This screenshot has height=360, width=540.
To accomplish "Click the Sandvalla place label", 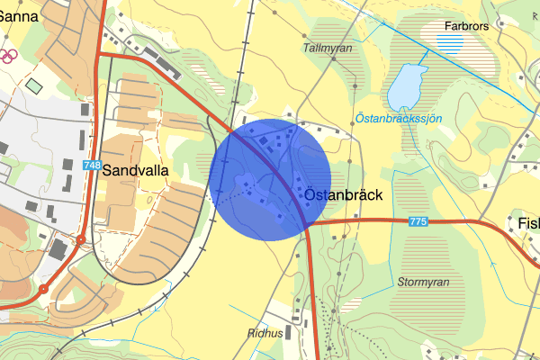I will pos(136,168).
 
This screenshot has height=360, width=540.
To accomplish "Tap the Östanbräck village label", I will pos(344,195).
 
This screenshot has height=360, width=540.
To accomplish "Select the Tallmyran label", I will pos(328,48).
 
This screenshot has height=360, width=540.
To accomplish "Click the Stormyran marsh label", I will pos(423,282).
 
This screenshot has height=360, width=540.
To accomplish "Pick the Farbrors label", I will pos(466,26).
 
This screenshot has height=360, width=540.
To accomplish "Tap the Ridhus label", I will pos(264,333).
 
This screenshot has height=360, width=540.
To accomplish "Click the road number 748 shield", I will pos(92,166).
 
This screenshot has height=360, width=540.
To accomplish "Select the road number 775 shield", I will pos(417,220).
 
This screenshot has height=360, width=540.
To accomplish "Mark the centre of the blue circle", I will pos(270,180).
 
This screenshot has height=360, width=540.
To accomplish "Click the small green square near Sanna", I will pos(34,86).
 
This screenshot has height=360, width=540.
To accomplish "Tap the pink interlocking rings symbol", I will pos(7,56).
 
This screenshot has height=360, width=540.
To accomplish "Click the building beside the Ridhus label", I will pos(292,333).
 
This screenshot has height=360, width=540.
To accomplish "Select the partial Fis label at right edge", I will pos(528,223).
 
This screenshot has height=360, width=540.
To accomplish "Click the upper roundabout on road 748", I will pos(80,240).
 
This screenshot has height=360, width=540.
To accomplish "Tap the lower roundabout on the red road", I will pos(42,290).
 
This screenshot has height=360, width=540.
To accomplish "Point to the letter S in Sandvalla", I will pos(108,168).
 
